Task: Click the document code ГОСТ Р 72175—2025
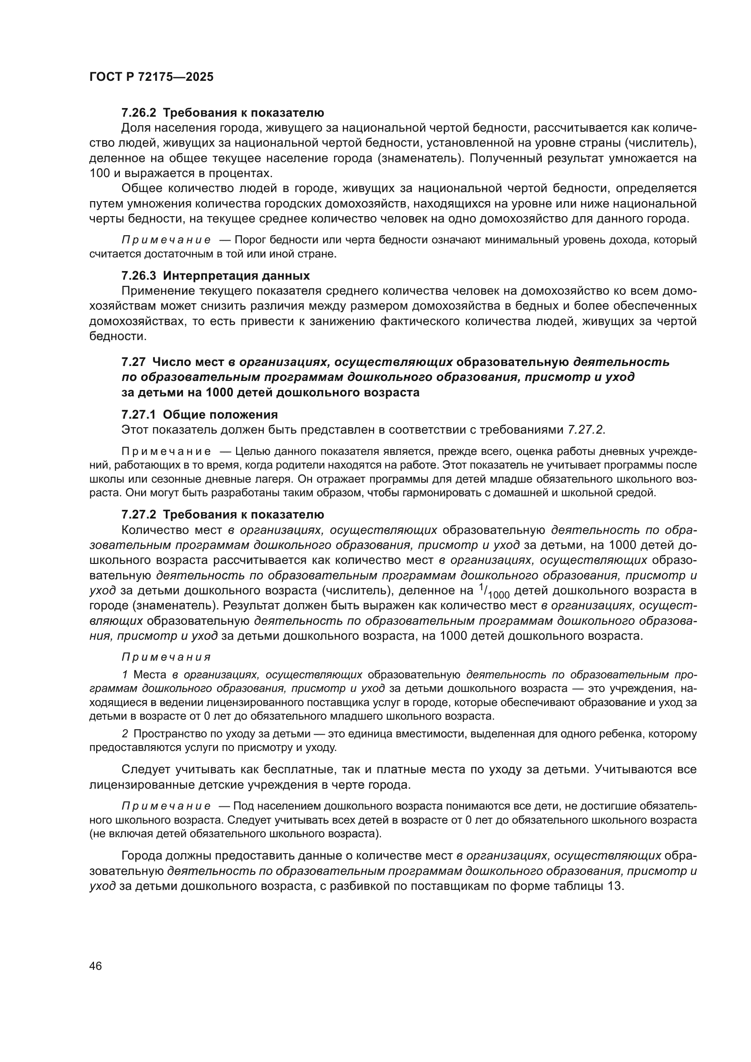point(151,77)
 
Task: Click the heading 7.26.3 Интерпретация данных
point(216,276)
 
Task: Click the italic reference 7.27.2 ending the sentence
point(585,429)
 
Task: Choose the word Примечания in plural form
point(166,657)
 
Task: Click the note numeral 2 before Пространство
point(125,734)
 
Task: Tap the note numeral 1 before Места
point(125,675)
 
